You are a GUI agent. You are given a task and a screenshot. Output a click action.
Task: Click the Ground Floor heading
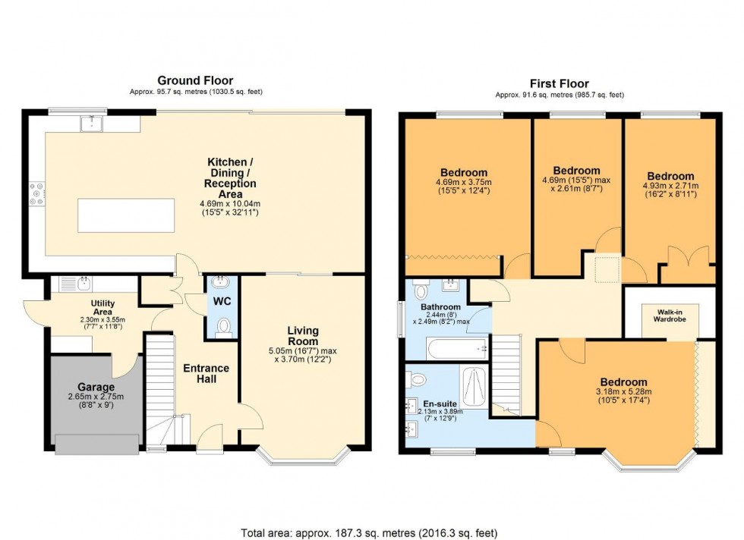click(195, 80)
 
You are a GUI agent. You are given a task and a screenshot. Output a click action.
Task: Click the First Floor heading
click(559, 83)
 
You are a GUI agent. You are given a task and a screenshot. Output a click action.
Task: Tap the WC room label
click(222, 301)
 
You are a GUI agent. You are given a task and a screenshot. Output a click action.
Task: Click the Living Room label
click(303, 336)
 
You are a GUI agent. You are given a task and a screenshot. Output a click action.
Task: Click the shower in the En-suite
click(476, 385)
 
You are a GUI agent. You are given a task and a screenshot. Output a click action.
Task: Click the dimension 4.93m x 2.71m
click(670, 186)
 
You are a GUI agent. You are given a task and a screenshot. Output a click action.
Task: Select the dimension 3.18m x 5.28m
click(624, 391)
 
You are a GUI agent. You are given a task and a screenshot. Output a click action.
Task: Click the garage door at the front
click(96, 444)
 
